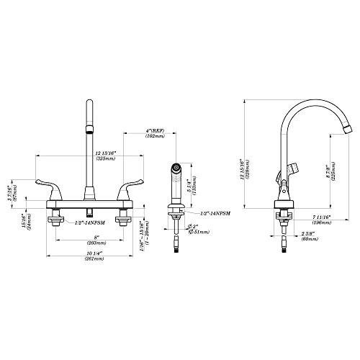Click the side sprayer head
[174, 180]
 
